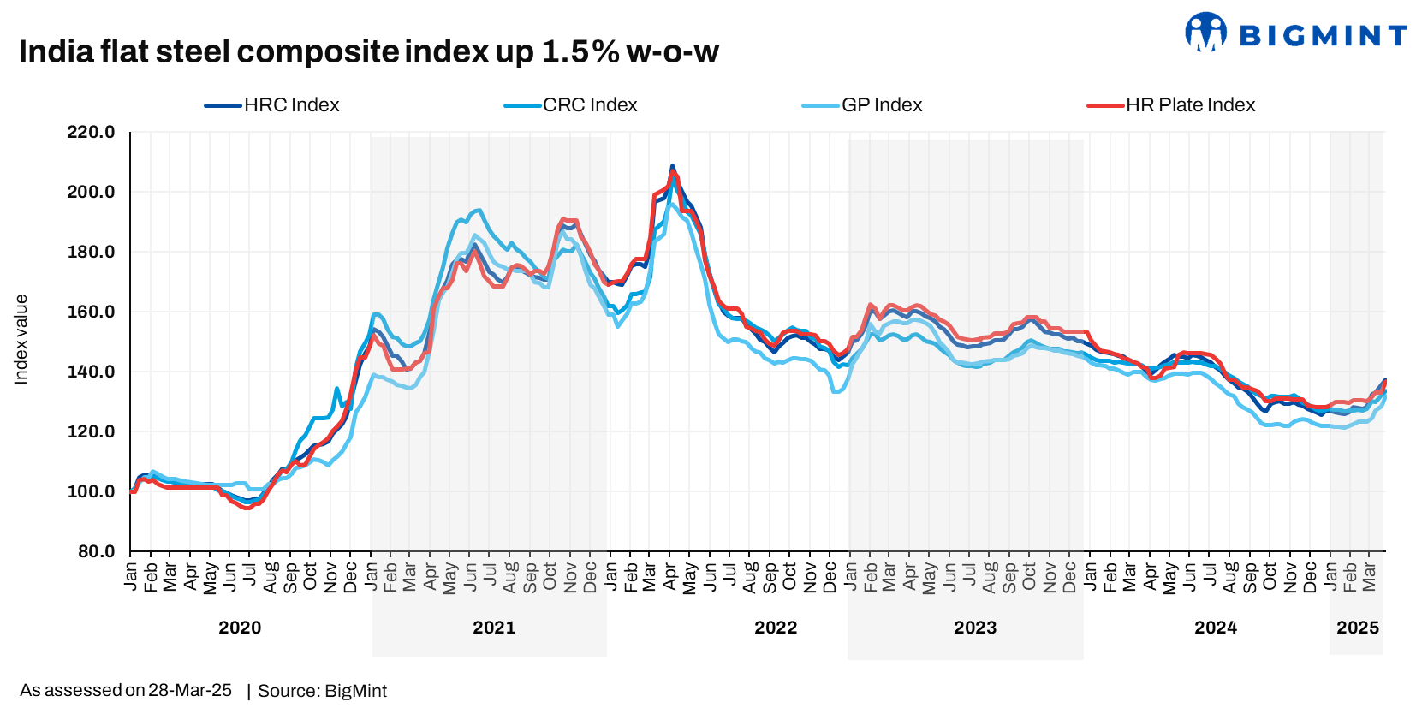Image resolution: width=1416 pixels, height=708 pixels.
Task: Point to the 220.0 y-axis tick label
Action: point(91,132)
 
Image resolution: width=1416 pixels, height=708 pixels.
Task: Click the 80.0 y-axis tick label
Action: point(96,551)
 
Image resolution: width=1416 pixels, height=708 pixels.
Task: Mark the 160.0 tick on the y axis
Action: point(91,312)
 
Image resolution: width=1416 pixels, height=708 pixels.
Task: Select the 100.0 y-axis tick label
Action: point(91,491)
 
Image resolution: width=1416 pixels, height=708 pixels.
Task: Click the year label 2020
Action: point(240,628)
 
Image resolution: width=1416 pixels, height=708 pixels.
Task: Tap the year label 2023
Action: point(975,628)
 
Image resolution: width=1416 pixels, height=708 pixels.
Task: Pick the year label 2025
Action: point(1357,628)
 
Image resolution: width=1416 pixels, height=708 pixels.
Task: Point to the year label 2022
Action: point(776,628)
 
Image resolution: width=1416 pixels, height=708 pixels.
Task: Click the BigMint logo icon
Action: point(1205,33)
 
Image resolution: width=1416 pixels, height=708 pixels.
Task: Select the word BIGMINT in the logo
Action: point(1323,35)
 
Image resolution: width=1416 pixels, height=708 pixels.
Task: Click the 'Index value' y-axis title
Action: point(21,339)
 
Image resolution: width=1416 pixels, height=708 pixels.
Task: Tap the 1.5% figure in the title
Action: point(580,52)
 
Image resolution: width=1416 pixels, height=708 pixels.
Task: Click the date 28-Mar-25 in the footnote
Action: point(189,690)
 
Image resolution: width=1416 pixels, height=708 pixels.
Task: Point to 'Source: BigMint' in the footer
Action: point(322,691)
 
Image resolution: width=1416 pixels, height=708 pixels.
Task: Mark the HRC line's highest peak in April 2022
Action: point(672,166)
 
